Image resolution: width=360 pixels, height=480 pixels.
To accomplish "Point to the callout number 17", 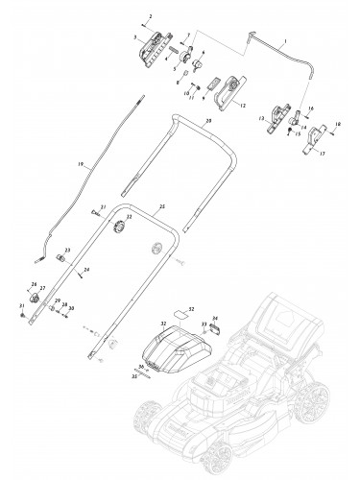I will (323, 154).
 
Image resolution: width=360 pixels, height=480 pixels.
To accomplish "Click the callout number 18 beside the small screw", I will (338, 125).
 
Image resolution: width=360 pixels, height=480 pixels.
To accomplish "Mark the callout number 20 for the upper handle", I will (207, 121).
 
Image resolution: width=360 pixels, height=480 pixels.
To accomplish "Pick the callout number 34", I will (215, 319).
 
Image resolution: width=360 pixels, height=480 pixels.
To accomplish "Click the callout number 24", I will (87, 272).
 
